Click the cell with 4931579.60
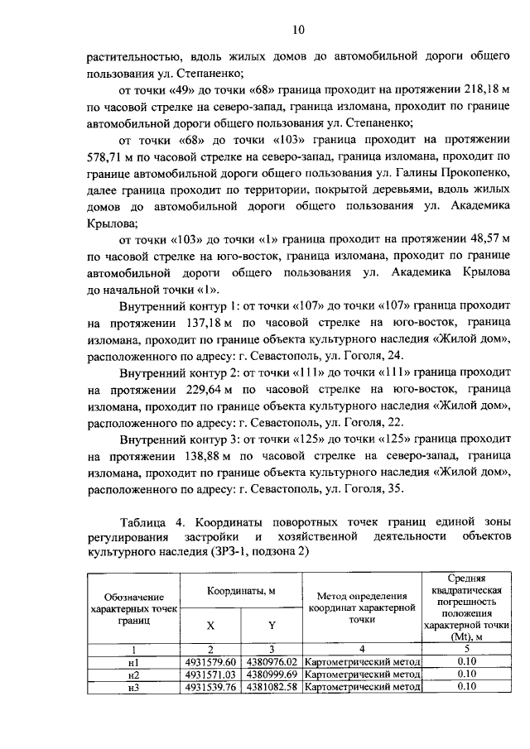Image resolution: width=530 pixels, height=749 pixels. coord(211,662)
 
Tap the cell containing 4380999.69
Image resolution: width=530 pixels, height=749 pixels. coord(272,674)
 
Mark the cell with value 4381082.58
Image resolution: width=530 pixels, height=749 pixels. coord(272,685)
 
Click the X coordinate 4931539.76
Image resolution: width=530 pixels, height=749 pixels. coord(211,685)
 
